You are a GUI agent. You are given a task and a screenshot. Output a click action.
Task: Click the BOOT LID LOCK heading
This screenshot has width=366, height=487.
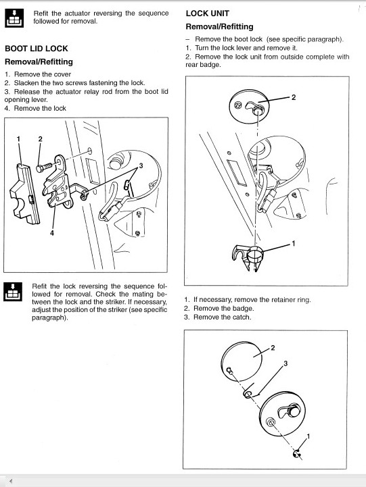pos(37,49)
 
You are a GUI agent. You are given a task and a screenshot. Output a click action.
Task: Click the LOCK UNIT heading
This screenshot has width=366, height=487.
pos(208,14)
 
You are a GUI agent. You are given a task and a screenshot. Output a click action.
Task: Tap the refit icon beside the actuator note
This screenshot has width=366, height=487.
pos(14,18)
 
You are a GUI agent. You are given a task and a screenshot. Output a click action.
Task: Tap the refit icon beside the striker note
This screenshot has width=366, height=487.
pos(13,292)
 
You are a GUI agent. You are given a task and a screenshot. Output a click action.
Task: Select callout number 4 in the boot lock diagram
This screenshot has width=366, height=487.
pos(52,232)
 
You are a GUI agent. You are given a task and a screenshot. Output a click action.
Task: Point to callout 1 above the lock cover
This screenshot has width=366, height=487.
pos(18,139)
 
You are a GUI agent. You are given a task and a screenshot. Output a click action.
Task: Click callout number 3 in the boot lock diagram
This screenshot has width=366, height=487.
pos(141,165)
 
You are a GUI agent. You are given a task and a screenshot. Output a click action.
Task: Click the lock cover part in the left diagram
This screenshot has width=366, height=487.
pos(25,194)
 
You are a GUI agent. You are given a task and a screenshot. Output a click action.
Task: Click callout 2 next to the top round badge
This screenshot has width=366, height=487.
pos(294,97)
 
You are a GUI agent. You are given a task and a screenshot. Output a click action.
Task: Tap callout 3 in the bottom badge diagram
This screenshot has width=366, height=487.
pos(285,363)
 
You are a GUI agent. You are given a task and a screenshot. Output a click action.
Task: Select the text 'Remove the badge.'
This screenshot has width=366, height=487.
pos(223,309)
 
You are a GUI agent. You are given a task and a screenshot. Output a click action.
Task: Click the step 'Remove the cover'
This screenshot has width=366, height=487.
pos(43,74)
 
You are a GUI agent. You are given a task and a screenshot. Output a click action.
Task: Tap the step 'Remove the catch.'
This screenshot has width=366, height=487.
pos(222,317)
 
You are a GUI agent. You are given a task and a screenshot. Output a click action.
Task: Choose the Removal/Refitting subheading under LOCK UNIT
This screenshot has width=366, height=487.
pos(220,27)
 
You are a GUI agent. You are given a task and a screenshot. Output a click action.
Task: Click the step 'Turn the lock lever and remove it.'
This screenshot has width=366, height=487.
pos(246,48)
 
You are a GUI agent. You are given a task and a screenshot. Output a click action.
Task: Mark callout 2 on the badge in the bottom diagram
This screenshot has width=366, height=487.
pos(273,348)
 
